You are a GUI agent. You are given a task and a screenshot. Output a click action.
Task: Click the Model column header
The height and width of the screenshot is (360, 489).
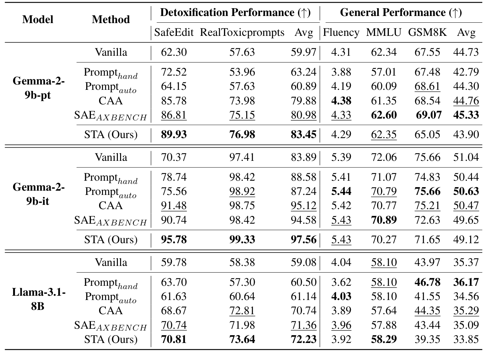(x=38, y=20)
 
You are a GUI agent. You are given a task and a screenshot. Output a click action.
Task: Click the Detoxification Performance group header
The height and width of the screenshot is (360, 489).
(x=235, y=13)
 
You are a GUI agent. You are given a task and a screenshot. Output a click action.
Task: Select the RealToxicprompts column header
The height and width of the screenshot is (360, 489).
(x=242, y=33)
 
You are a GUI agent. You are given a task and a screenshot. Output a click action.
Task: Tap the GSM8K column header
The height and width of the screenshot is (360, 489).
(x=427, y=33)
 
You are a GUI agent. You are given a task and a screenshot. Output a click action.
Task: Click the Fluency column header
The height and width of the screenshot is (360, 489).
(x=341, y=33)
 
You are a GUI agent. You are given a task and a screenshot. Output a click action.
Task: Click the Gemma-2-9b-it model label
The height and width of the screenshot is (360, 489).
(x=38, y=194)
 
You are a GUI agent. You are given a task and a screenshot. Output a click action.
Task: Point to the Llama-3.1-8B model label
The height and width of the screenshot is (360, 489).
(x=38, y=299)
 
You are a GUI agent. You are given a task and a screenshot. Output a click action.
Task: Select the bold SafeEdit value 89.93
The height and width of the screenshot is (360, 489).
(x=174, y=135)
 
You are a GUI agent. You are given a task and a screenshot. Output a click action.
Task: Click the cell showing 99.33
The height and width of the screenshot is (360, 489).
(x=242, y=240)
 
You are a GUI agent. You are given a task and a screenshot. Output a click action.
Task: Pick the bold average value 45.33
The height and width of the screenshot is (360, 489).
(x=466, y=115)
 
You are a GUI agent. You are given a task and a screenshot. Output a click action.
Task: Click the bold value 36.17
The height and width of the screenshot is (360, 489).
(x=466, y=282)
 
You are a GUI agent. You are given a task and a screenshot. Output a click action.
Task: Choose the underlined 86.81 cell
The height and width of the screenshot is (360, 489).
(x=174, y=115)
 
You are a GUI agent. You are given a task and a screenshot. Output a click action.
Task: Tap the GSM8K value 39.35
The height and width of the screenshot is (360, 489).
(x=427, y=339)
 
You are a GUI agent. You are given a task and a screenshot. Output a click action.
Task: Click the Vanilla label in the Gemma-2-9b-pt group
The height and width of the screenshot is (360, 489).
(x=111, y=53)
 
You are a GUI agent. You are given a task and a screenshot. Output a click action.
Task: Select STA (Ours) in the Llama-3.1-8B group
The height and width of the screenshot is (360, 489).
(x=111, y=339)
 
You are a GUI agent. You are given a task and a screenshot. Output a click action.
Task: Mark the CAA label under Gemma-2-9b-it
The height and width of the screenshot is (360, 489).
(x=111, y=206)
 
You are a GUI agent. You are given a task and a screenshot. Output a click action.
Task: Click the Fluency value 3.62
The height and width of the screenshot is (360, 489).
(x=341, y=282)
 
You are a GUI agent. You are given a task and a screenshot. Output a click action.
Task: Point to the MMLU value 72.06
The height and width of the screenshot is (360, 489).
(x=384, y=157)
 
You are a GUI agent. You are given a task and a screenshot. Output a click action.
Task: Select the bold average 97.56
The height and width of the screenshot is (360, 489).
(x=303, y=240)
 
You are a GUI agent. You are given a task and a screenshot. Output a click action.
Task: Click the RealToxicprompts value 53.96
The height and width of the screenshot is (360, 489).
(x=242, y=72)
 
